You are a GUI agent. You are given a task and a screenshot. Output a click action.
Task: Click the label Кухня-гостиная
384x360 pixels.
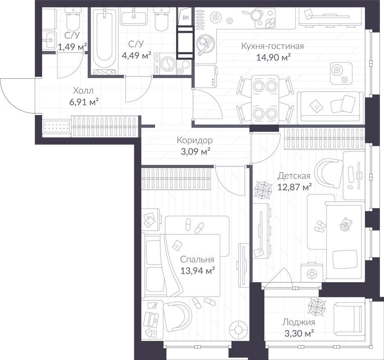pos(272,46)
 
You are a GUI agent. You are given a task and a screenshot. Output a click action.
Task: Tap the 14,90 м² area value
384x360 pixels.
pos(273,58)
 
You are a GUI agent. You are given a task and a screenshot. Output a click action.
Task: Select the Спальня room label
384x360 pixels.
pos(197,259)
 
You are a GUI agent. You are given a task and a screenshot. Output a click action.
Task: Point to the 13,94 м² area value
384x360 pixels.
pos(198,270)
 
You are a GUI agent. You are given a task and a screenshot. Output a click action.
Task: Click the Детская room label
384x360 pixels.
pos(294,176)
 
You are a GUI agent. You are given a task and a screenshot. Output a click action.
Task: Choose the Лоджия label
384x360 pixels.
pos(298,322)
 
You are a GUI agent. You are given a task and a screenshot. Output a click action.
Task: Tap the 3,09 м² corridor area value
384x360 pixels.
pos(195,152)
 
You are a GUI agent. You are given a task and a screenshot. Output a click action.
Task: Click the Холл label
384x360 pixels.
pos(83,91)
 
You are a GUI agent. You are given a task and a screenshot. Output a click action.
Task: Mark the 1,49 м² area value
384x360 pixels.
pos(72,47)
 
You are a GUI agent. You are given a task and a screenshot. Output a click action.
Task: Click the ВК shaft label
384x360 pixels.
pos(186,18)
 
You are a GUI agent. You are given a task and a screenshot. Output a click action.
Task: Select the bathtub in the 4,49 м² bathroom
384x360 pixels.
pos(104,41)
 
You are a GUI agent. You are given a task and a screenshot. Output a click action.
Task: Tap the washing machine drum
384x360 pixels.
pos(168,64)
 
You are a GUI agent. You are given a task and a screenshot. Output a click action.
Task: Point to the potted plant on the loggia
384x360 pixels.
pos(317,306)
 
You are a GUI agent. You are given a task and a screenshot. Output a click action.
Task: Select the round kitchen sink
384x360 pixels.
pos(206,43)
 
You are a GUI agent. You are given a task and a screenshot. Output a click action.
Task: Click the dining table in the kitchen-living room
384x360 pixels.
pos(265,99)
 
